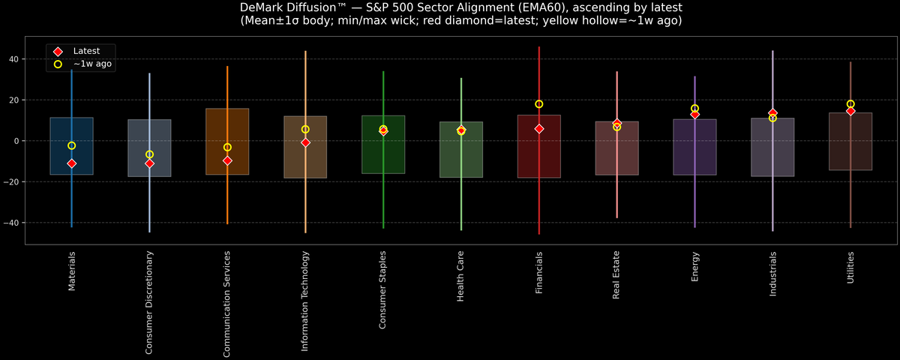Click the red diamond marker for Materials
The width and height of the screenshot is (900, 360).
tap(71, 163)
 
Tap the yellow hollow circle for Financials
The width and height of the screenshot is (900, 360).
tap(538, 104)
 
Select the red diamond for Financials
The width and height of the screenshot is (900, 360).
tap(538, 129)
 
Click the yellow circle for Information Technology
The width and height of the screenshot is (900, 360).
tap(305, 130)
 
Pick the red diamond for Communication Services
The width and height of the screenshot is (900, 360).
tap(227, 160)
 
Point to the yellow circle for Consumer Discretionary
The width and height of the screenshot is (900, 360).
tap(149, 154)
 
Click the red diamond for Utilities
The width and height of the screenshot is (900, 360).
tap(850, 111)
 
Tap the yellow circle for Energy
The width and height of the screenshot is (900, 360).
tap(694, 109)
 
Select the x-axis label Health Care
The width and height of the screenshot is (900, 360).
tap(460, 277)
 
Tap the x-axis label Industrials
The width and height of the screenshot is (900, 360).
tap(772, 274)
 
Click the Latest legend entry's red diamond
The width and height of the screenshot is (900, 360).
tap(58, 51)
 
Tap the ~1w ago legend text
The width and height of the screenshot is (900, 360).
tap(92, 64)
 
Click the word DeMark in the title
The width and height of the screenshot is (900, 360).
tap(263, 7)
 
